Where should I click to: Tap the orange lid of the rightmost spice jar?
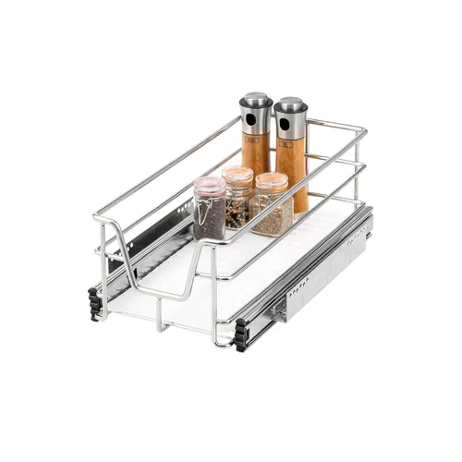(x=270, y=180)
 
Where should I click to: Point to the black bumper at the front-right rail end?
(x=240, y=330)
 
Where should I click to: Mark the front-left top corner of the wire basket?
(x=97, y=218)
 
